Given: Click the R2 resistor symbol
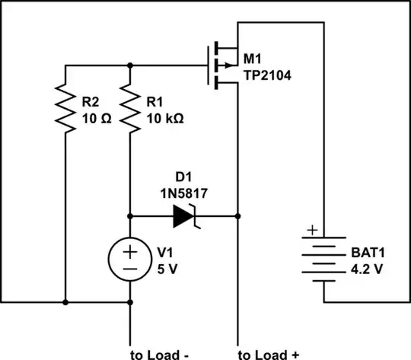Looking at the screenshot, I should click(x=65, y=109).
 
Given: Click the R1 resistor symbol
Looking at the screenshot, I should click(x=131, y=109).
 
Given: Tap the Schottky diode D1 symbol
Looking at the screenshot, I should click(x=186, y=215).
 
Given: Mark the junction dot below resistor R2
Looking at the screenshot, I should click(x=65, y=302).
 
